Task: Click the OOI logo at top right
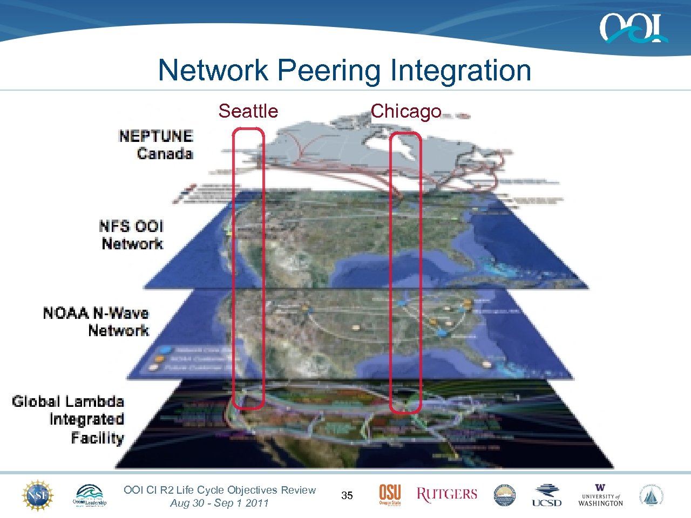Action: [x=633, y=28]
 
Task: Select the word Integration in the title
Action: [x=460, y=71]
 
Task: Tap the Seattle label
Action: [x=248, y=111]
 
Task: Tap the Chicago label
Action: [x=406, y=111]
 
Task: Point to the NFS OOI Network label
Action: [x=132, y=235]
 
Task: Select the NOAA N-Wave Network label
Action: [x=97, y=322]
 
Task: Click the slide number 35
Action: [x=347, y=495]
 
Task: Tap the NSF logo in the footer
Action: [x=37, y=495]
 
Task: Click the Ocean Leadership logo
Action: [x=90, y=495]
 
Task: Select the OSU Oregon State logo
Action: [x=390, y=495]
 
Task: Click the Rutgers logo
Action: [x=447, y=494]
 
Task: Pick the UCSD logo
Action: [x=546, y=495]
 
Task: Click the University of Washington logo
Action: [x=600, y=495]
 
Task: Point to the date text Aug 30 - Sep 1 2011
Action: [x=219, y=503]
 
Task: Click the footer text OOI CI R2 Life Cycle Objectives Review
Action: [x=219, y=490]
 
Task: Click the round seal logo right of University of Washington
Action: [x=652, y=495]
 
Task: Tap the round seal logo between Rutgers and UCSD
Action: [x=505, y=495]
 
